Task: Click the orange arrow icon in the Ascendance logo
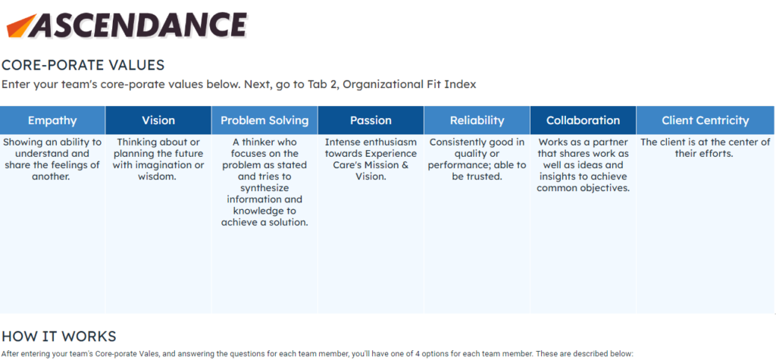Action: coord(20,26)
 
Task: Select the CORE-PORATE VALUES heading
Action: coord(83,65)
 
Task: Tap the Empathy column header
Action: coord(52,121)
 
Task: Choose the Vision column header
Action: coord(158,121)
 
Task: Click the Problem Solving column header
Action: coord(264,121)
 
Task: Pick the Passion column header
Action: coord(371,121)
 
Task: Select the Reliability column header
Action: coord(477,121)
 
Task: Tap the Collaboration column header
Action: coord(583,121)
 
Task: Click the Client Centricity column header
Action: coord(706,121)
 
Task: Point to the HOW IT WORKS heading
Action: coord(59,337)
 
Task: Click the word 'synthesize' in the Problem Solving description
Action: coord(264,188)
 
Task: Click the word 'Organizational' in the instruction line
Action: coord(383,85)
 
